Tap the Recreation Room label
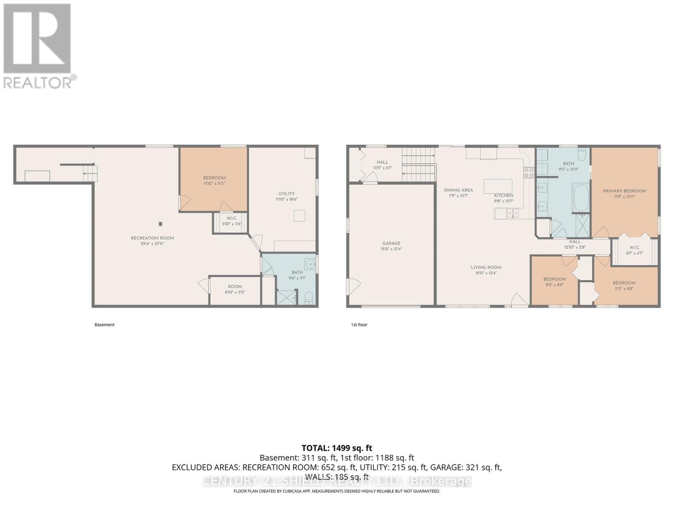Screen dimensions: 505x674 pyautogui.click(x=152, y=241)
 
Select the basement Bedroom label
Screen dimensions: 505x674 pyautogui.click(x=214, y=180)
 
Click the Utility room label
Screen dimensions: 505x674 pyautogui.click(x=286, y=196)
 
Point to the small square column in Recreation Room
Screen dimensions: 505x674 pyautogui.click(x=160, y=224)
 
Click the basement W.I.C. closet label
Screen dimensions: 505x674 pyautogui.click(x=232, y=221)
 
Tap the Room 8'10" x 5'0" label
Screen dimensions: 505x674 pyautogui.click(x=235, y=289)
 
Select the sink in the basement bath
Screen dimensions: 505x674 pyautogui.click(x=310, y=264)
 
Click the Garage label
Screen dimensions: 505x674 pyautogui.click(x=391, y=246)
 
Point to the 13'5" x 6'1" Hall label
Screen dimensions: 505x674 pyautogui.click(x=382, y=165)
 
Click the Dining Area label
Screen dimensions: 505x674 pyautogui.click(x=458, y=193)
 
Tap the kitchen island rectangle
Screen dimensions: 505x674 pyautogui.click(x=498, y=186)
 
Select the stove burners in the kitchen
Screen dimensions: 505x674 pyautogui.click(x=529, y=172)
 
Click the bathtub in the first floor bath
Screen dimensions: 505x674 pyautogui.click(x=581, y=198)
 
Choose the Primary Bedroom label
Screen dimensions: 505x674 pyautogui.click(x=624, y=193)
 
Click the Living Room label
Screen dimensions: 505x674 pyautogui.click(x=486, y=270)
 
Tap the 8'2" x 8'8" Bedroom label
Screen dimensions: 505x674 pyautogui.click(x=554, y=282)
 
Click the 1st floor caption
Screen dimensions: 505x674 pyautogui.click(x=359, y=325)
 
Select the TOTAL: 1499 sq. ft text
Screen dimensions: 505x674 pyautogui.click(x=337, y=448)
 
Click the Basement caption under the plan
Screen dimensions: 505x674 pyautogui.click(x=104, y=325)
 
